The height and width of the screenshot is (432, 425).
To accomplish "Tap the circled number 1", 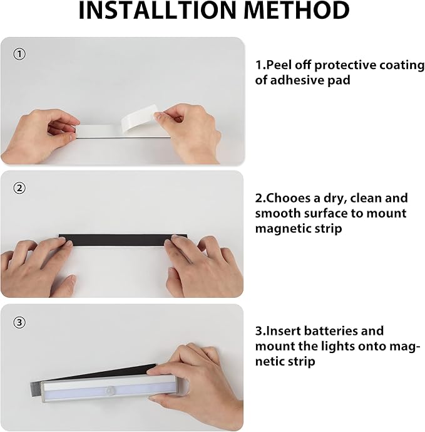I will click(x=19, y=55).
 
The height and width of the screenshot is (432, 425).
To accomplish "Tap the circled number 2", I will click(x=19, y=187).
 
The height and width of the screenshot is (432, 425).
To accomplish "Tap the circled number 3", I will click(x=19, y=322).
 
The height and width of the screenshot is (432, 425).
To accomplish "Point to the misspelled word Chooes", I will click(x=287, y=198).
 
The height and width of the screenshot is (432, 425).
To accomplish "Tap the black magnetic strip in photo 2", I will click(x=119, y=241).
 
